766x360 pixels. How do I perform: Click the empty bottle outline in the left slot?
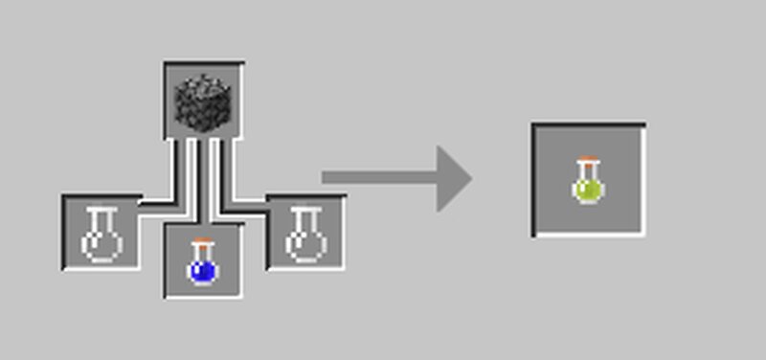(x=101, y=234)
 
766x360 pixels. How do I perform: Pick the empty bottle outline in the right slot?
(x=305, y=234)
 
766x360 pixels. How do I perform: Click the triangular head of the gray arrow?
(x=452, y=178)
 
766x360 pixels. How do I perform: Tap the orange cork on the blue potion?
(x=201, y=242)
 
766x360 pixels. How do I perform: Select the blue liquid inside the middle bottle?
(x=202, y=271)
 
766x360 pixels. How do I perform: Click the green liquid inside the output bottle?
(x=588, y=189)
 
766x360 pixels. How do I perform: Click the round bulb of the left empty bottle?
(x=101, y=245)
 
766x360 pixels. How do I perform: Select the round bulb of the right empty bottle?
(x=305, y=245)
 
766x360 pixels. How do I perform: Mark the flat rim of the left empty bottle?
(x=101, y=210)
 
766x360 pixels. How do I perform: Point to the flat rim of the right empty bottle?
(x=305, y=210)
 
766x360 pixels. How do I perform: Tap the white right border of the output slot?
(x=642, y=182)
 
